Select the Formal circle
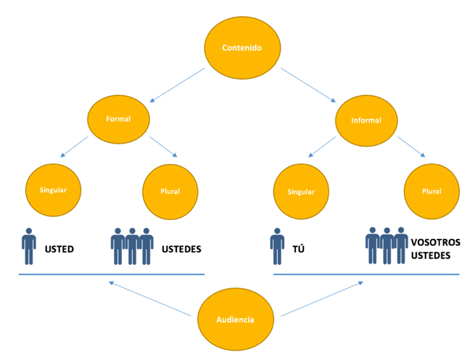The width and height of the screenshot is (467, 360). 118,118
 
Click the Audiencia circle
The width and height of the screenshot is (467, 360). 235,319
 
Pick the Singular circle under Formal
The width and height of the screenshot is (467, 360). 53,190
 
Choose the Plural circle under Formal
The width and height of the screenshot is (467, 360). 170,192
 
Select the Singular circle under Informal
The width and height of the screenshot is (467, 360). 301,192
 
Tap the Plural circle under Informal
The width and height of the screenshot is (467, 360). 431,192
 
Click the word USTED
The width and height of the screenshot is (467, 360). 59,249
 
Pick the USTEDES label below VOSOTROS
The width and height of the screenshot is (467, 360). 431,255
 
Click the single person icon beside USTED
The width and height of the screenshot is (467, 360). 29,247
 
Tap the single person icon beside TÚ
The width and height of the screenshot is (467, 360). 277,247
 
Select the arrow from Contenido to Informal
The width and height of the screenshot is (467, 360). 307,86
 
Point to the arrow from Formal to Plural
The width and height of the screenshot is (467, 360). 163,145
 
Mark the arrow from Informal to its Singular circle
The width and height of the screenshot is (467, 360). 322,146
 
